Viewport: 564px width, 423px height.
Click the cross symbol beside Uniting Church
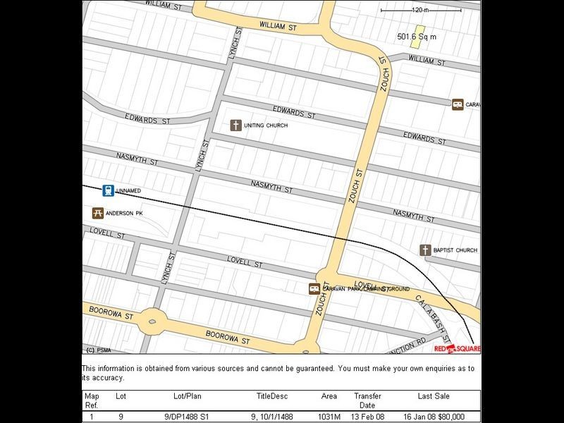(x=236, y=125)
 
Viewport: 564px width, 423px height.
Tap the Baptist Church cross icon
(x=425, y=250)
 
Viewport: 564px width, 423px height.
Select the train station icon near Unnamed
(x=108, y=190)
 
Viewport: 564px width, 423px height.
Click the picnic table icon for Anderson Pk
(x=98, y=213)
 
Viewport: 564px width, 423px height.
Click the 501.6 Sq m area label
(x=417, y=36)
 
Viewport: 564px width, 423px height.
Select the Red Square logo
(x=457, y=348)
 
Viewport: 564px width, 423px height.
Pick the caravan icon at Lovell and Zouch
(x=314, y=289)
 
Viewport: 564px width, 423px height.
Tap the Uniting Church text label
(x=267, y=125)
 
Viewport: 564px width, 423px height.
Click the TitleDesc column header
(x=272, y=397)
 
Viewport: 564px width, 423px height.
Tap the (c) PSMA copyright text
(x=99, y=349)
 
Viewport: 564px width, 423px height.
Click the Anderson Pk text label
(x=124, y=213)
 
